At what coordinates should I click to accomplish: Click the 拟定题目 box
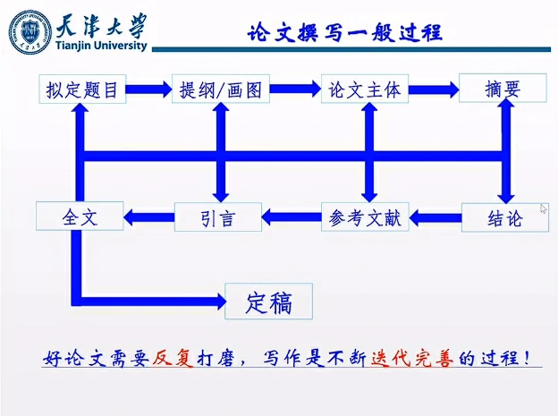click(x=82, y=89)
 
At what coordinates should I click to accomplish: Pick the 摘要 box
click(x=503, y=89)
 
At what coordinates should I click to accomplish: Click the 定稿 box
click(x=269, y=302)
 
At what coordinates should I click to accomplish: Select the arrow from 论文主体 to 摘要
click(x=434, y=89)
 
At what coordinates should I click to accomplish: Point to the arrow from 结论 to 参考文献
click(x=435, y=216)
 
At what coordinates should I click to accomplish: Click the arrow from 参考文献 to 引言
click(x=291, y=216)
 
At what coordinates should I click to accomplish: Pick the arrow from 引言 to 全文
click(x=148, y=216)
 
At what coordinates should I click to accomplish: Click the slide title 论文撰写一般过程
click(x=344, y=33)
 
